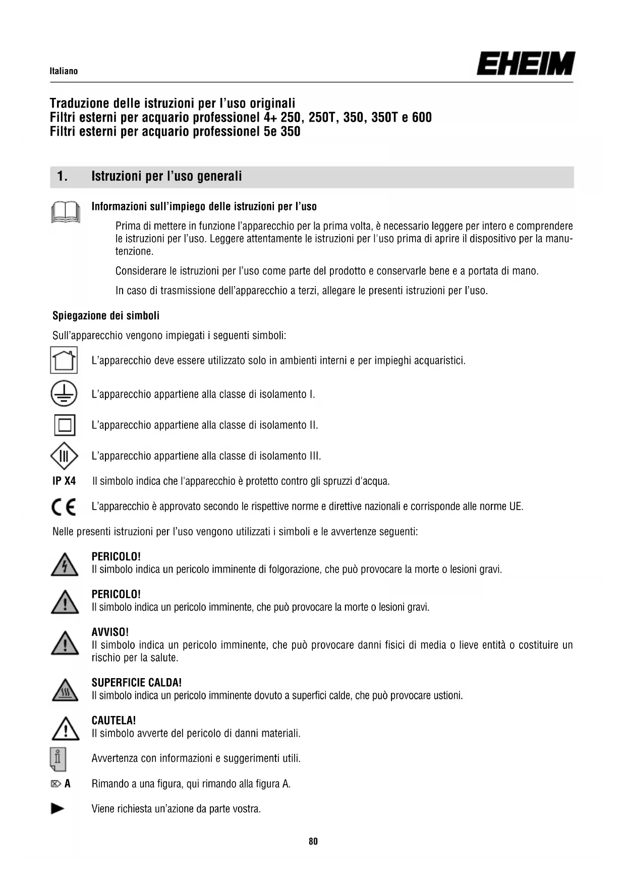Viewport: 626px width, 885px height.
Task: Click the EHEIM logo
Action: [x=525, y=64]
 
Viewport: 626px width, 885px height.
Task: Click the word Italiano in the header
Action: [x=64, y=71]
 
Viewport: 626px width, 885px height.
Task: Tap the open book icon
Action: [x=66, y=212]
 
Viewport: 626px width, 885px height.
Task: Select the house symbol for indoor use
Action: [x=64, y=360]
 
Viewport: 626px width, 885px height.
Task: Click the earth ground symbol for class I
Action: [x=64, y=394]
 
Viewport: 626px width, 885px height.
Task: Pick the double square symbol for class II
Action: [x=65, y=425]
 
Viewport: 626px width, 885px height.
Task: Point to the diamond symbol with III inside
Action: [x=64, y=456]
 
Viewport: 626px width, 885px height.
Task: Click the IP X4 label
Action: [x=64, y=481]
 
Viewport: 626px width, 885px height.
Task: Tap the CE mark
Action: [x=64, y=507]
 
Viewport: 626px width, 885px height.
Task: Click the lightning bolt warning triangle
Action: [x=65, y=565]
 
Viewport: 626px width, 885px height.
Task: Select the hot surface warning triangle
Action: [x=65, y=691]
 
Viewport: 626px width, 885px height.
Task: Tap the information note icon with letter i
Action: [x=58, y=759]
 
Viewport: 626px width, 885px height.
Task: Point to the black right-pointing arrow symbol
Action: [x=58, y=809]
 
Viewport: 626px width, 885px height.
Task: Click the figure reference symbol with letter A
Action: [x=61, y=784]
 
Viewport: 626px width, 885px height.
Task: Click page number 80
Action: [x=313, y=841]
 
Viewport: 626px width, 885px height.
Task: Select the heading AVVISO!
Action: [x=110, y=632]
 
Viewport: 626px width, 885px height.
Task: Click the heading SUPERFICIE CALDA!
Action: [x=136, y=683]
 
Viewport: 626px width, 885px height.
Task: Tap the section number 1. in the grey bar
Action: [x=62, y=177]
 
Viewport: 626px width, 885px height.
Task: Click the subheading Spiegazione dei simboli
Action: [x=106, y=316]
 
